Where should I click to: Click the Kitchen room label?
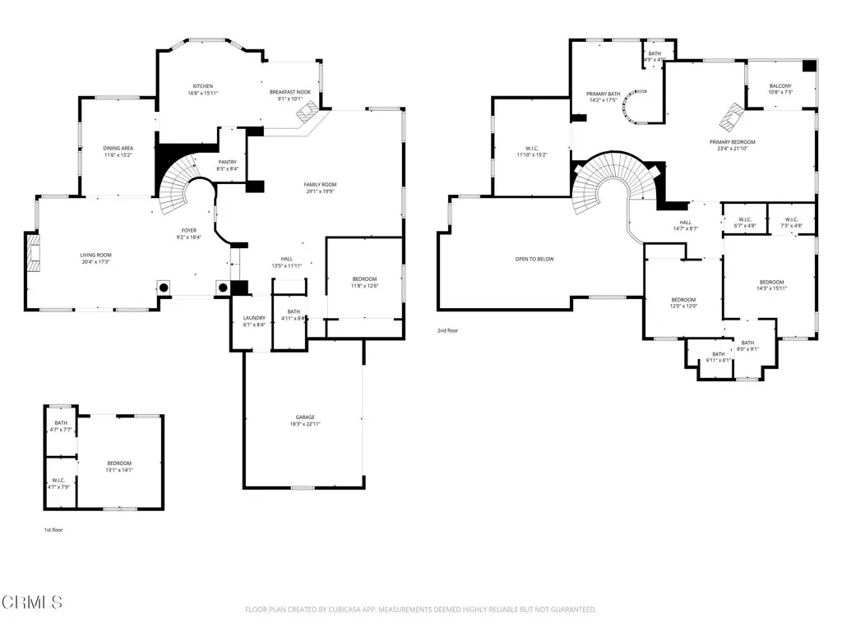tap(203, 86)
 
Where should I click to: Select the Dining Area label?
tap(118, 148)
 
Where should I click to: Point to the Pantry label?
tap(227, 162)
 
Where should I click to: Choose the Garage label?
tap(305, 417)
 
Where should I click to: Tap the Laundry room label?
tap(254, 318)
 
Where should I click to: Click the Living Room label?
tap(95, 256)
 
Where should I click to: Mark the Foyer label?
tap(189, 232)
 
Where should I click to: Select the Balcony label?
tap(780, 86)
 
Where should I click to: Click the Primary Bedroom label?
tap(732, 142)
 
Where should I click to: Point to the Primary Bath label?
tap(603, 94)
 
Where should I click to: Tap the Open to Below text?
tap(534, 259)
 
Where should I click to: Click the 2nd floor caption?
tap(448, 330)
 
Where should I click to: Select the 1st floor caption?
tap(53, 530)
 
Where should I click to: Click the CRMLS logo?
tap(32, 601)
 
